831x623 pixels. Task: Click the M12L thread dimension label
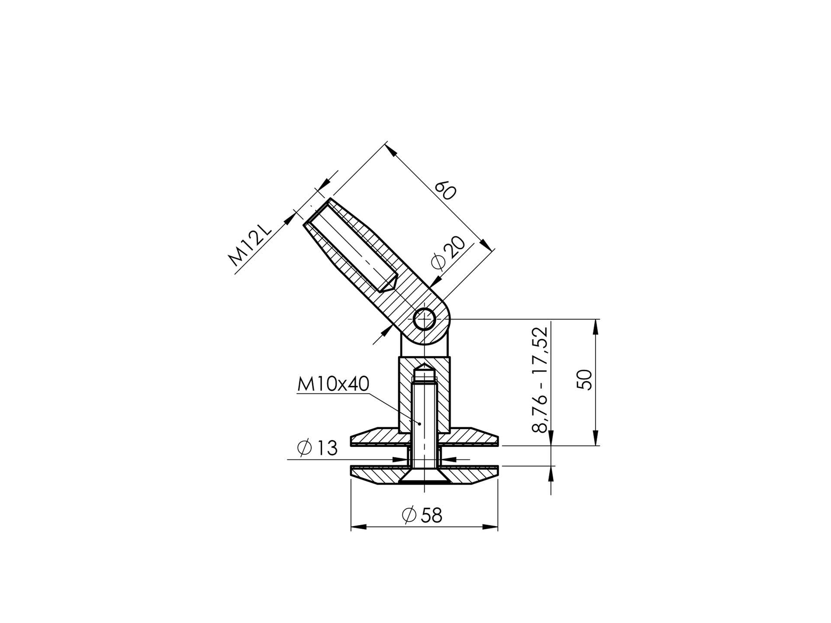250,246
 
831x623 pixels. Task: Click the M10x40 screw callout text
333,384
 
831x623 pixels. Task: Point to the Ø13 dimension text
318,448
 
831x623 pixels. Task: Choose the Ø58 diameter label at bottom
422,516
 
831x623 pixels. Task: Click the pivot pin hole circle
424,319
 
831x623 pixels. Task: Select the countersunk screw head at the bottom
424,478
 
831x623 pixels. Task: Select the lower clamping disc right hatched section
470,475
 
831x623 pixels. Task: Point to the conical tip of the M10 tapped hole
424,368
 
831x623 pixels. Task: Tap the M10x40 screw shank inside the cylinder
424,415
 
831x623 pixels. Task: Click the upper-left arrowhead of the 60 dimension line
391,150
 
